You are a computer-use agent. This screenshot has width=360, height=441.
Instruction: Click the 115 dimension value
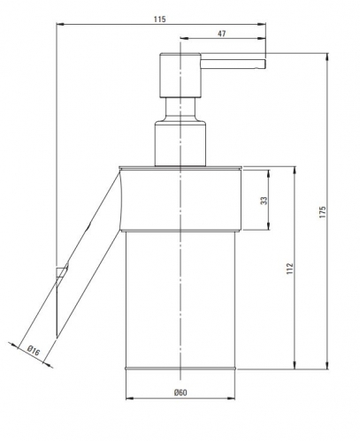point(159,19)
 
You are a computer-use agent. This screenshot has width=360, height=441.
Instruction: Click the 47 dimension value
point(222,34)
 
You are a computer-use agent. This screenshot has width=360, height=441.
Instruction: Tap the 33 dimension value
point(264,201)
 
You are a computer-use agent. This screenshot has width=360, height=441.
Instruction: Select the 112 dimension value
point(290,269)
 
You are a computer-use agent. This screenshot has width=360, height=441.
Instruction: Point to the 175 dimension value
point(323,212)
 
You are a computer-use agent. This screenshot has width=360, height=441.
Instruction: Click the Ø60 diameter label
point(180,392)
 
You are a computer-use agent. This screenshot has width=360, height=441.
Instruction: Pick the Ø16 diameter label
point(34,351)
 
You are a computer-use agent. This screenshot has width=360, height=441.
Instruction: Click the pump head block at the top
point(180,75)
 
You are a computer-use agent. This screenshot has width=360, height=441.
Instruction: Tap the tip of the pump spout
point(265,64)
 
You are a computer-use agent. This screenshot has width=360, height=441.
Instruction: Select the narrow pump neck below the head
point(180,110)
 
